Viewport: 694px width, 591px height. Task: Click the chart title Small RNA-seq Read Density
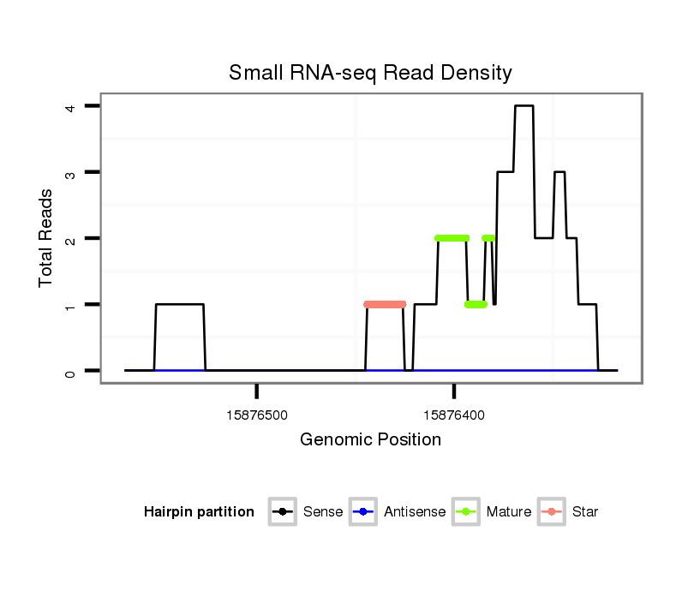click(370, 73)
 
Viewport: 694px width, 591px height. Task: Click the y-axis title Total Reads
click(46, 238)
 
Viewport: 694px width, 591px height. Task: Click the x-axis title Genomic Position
click(370, 440)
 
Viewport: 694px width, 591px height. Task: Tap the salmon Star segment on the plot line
click(385, 304)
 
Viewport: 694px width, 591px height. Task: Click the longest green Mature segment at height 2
click(452, 238)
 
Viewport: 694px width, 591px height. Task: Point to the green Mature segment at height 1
click(476, 304)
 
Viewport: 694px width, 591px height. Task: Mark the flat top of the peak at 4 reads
click(523, 106)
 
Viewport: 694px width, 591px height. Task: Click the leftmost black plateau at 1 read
click(179, 304)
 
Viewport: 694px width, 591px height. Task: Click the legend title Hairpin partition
click(199, 512)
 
